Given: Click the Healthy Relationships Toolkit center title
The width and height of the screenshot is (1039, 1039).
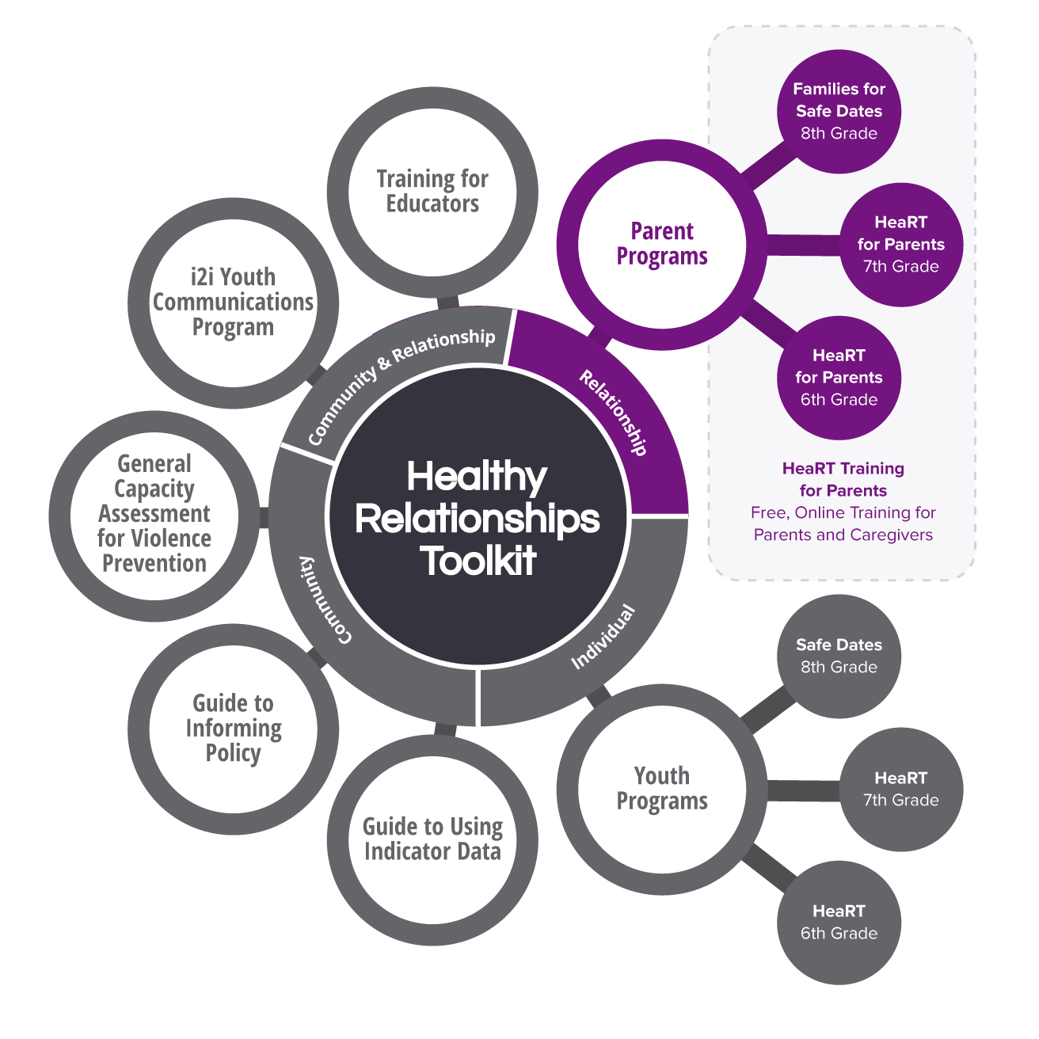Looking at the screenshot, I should [478, 519].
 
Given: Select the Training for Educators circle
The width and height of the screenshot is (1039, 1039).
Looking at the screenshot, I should [432, 192].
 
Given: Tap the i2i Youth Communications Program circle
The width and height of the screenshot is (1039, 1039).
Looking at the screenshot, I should [233, 302].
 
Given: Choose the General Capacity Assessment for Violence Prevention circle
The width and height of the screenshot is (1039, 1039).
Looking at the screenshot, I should [154, 514].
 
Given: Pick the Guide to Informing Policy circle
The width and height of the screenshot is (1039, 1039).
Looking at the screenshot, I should [233, 728].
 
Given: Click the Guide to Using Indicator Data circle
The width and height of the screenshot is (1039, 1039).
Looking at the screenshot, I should [432, 839].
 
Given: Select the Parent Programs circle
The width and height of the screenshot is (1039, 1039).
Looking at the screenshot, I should [662, 244].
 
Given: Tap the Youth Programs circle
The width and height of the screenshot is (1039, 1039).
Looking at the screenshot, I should [662, 789].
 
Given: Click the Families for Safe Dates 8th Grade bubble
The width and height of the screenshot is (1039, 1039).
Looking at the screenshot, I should [839, 112].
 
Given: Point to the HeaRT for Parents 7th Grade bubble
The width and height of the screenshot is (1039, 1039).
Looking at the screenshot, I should [900, 245].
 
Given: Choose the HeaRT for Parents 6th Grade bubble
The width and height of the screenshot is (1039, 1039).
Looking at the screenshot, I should [839, 378].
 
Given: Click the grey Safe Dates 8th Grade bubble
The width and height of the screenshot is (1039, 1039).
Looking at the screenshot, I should [839, 657].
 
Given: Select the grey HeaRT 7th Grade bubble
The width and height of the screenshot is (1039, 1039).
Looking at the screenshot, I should [900, 790].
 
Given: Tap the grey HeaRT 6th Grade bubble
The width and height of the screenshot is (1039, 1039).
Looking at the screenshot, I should [839, 923].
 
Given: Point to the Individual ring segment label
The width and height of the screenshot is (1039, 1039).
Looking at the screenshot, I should [603, 637].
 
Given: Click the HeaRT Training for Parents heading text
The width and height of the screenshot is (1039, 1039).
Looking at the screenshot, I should [843, 479].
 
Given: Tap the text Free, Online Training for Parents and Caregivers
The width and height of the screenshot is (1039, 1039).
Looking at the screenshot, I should [843, 523].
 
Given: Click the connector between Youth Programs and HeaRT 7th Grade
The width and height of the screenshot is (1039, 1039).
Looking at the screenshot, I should [802, 790].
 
